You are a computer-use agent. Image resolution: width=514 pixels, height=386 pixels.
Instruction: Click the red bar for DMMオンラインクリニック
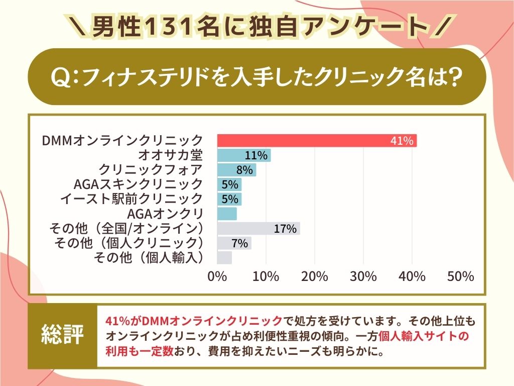(316, 141)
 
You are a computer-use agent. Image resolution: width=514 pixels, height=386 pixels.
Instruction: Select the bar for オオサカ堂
(244, 155)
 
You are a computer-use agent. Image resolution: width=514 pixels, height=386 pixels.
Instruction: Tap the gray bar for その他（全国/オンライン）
(258, 229)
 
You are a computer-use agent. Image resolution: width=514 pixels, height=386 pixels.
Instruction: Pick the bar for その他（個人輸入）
(224, 258)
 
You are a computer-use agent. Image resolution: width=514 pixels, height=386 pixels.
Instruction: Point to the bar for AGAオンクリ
(227, 214)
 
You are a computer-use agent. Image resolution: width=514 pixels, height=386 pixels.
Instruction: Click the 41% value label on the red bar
(402, 141)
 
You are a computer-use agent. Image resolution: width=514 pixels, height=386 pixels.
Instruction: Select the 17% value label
(286, 229)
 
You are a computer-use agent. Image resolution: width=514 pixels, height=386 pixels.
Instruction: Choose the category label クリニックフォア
(151, 169)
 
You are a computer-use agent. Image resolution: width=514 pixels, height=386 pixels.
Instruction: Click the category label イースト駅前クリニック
(131, 199)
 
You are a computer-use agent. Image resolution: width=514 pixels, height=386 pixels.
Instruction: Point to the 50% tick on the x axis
(460, 276)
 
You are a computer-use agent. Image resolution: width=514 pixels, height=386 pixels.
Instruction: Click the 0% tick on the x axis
(217, 276)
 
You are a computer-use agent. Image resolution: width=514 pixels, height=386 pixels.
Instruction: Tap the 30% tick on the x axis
(363, 276)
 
